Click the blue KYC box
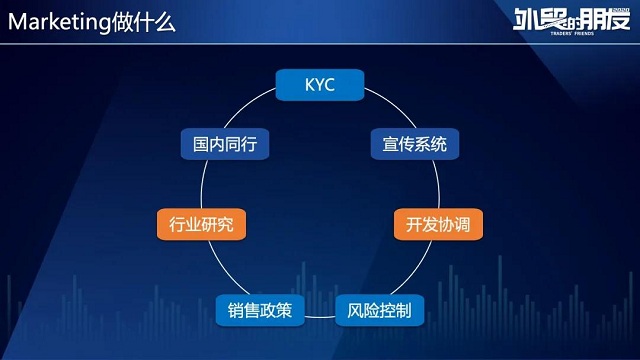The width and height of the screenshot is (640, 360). click(x=319, y=85)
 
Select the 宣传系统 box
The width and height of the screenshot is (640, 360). click(x=414, y=144)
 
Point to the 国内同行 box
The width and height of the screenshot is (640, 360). click(x=225, y=144)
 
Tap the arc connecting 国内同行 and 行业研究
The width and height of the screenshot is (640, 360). click(x=204, y=180)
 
